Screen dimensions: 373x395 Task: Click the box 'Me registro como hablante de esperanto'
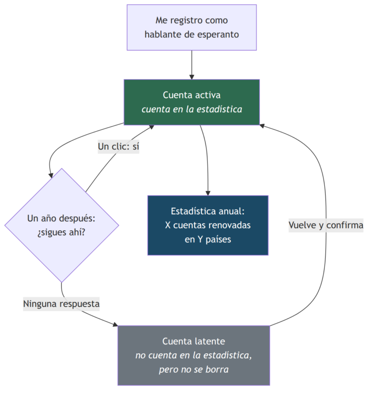[192, 27]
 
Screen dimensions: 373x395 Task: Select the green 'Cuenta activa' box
[192, 103]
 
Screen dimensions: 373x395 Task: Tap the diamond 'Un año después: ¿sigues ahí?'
[62, 225]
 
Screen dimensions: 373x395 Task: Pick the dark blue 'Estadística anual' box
[208, 225]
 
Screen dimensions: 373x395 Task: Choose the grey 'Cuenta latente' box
[194, 356]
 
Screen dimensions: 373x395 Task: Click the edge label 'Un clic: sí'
[119, 146]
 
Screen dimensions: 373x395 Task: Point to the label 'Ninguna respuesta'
[61, 304]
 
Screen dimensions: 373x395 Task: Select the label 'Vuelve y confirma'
[326, 225]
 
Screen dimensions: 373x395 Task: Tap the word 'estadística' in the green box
[219, 109]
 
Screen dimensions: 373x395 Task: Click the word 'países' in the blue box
[218, 240]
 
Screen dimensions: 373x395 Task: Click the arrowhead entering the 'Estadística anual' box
[208, 193]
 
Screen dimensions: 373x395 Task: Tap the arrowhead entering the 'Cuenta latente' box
[116, 324]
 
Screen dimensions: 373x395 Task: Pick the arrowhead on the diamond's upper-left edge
[51, 175]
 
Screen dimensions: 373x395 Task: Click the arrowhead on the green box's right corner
[262, 125]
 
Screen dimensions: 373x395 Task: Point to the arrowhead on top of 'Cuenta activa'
[192, 77]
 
